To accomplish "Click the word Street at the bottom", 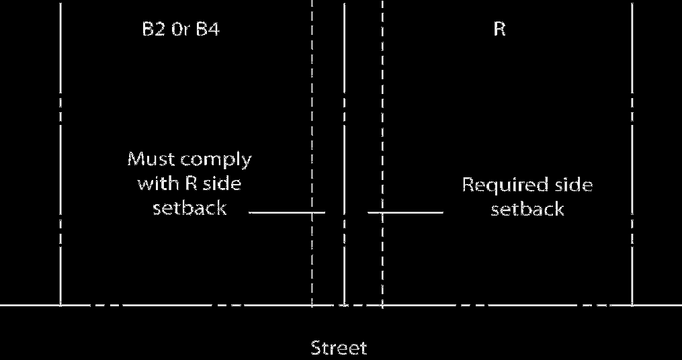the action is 339,348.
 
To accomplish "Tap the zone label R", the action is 499,30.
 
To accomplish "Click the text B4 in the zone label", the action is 206,30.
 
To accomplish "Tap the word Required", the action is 497,185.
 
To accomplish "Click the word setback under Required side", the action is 527,210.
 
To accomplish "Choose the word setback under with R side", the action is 189,208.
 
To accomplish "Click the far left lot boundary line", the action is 60,134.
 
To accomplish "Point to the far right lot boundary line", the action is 632,134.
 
